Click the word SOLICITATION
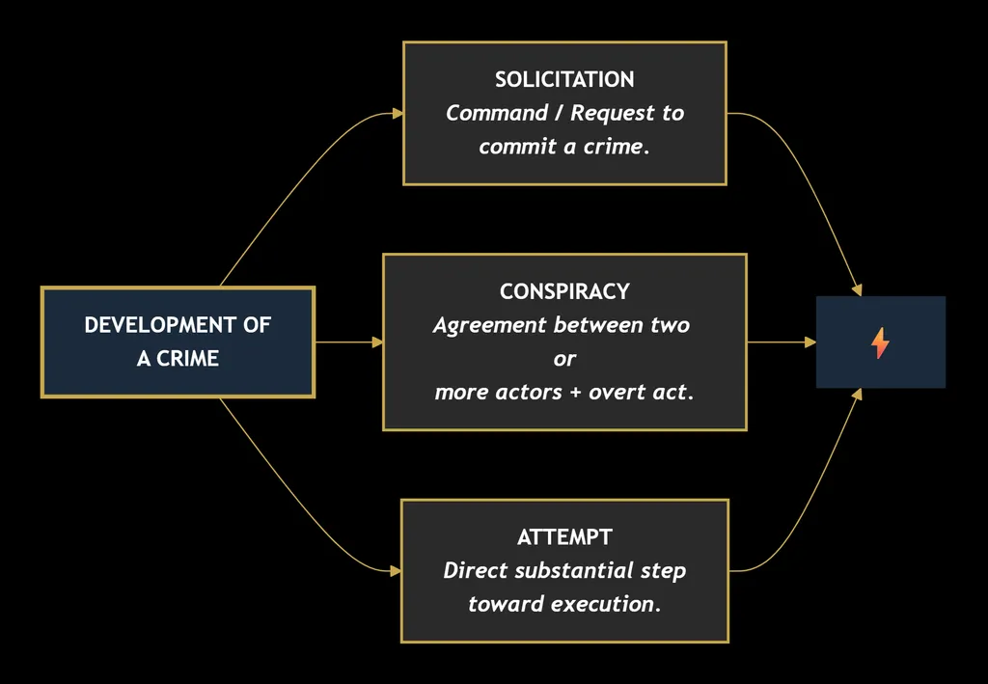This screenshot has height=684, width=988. point(564,79)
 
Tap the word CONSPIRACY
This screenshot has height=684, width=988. point(564,291)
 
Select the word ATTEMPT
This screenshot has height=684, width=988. point(564,537)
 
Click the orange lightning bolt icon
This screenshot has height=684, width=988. point(880,342)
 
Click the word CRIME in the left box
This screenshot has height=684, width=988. point(187,358)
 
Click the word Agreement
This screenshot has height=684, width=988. point(490,326)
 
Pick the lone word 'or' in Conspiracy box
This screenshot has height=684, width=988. point(564,359)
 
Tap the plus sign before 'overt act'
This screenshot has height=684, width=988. point(575,393)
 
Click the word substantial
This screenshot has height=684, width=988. point(573,570)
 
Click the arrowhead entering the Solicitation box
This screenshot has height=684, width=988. point(398,114)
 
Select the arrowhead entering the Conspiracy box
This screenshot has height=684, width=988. point(377,342)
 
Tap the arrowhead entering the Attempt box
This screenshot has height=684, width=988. point(396,571)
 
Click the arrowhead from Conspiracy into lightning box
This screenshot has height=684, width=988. point(810,342)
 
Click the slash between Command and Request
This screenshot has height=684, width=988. point(559,114)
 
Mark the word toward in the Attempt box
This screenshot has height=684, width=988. point(506,604)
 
